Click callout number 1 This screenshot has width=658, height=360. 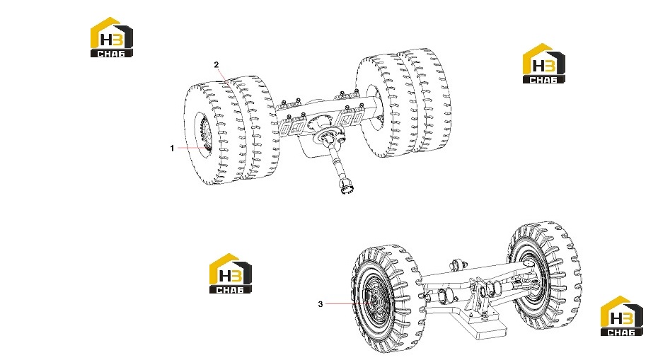172,148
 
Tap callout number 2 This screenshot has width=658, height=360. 216,64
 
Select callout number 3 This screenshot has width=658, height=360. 321,304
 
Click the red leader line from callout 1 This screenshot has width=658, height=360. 191,148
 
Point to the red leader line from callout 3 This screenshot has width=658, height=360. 348,303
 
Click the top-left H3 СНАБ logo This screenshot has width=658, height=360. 112,37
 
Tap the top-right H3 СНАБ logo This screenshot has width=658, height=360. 544,64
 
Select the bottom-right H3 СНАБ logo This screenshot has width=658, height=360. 621,316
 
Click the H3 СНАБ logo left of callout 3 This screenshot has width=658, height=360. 231,273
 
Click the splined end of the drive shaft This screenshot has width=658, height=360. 347,187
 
